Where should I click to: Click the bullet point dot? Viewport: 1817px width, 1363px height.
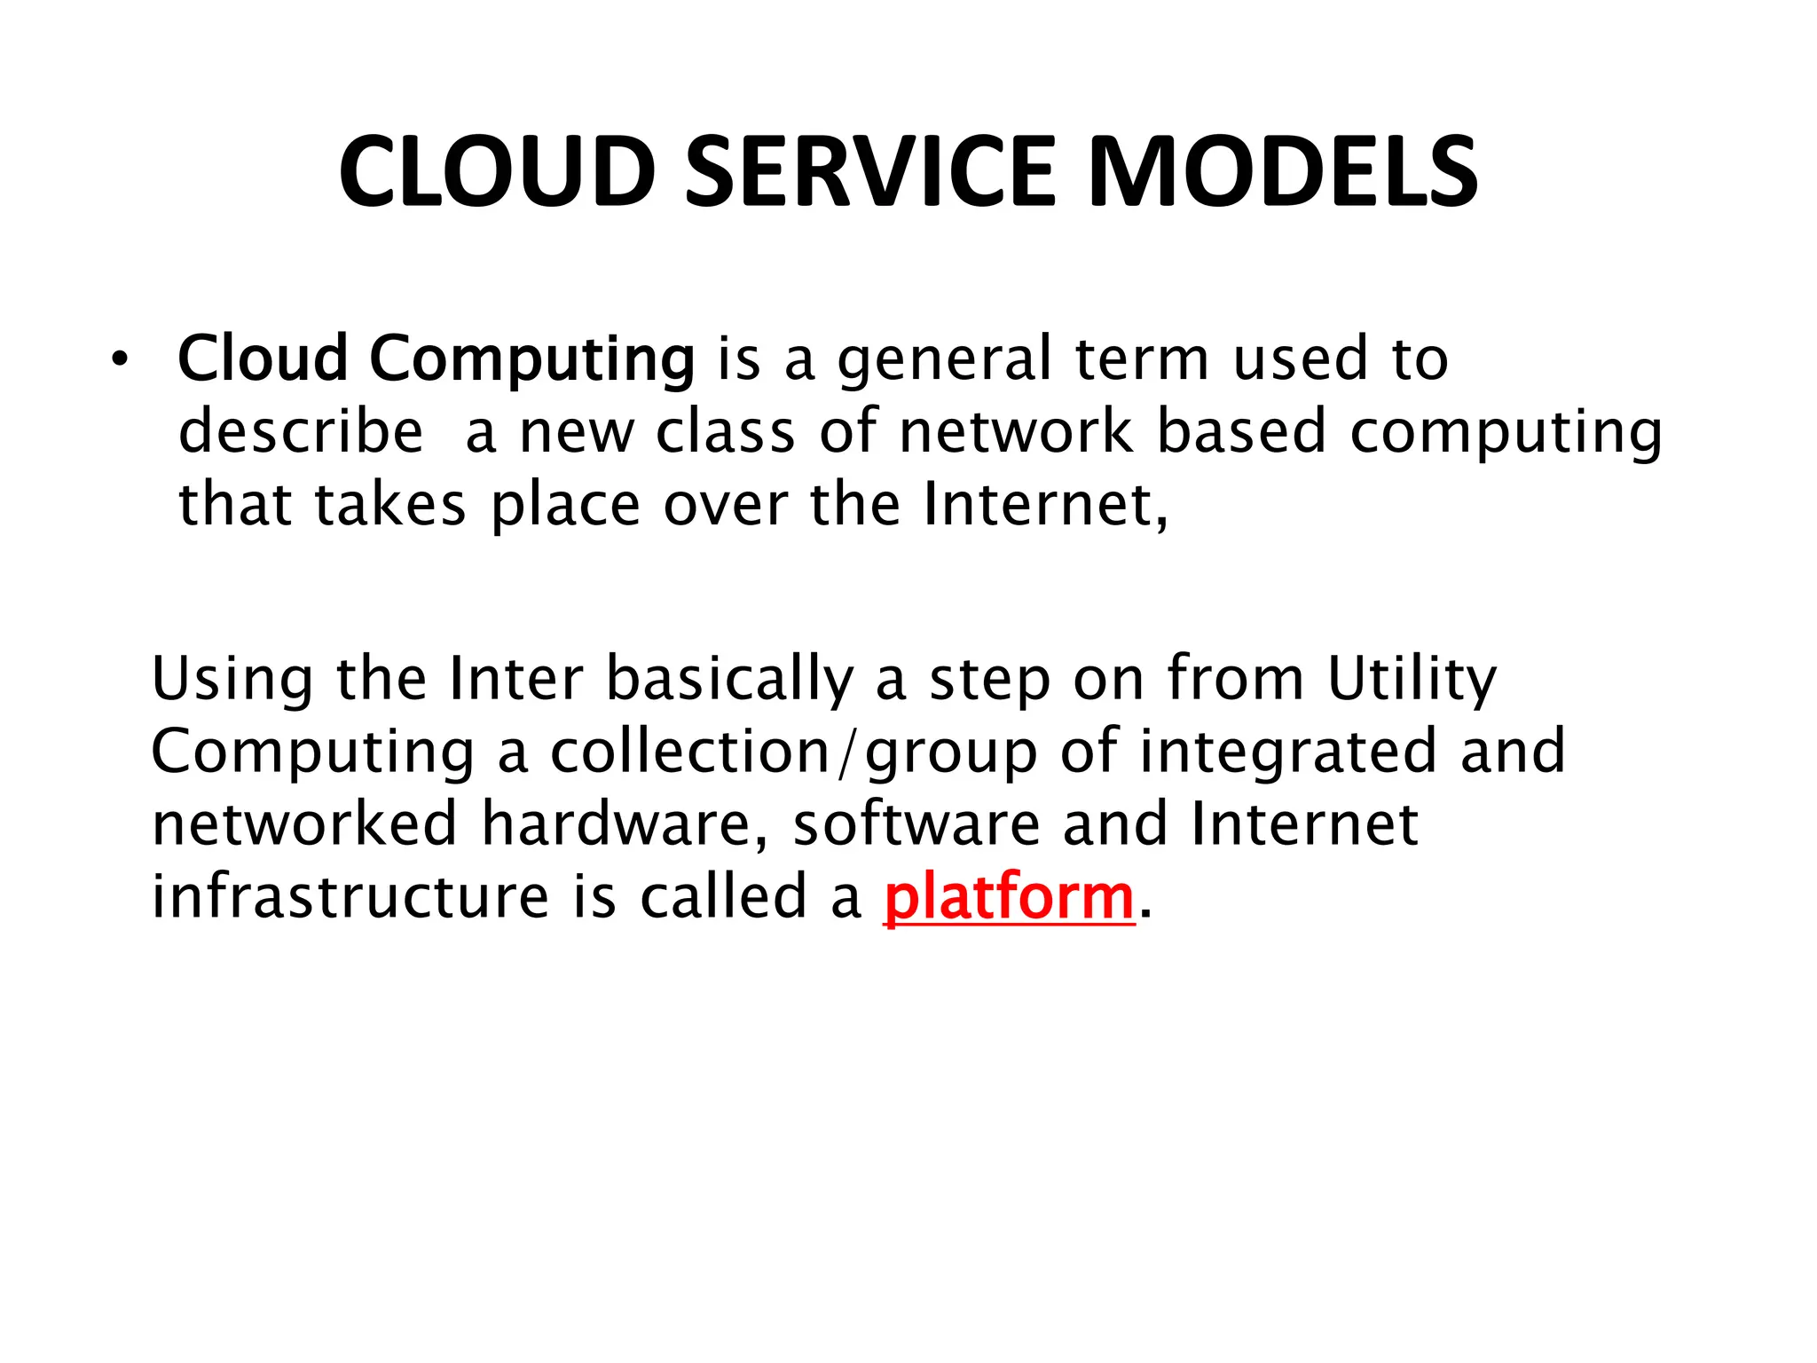point(120,360)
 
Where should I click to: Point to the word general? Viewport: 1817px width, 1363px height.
point(944,359)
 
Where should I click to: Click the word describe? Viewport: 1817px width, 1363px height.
point(301,432)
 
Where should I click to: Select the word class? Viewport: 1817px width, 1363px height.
point(725,432)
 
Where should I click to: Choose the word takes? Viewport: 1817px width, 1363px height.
point(389,505)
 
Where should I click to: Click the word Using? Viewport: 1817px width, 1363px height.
point(232,680)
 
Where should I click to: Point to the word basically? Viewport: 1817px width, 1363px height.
point(729,680)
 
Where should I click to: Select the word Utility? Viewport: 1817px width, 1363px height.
point(1412,680)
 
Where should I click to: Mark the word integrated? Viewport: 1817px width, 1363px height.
point(1287,752)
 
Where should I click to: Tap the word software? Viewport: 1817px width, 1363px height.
point(916,824)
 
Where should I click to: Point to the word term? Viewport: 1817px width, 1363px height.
point(1142,359)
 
